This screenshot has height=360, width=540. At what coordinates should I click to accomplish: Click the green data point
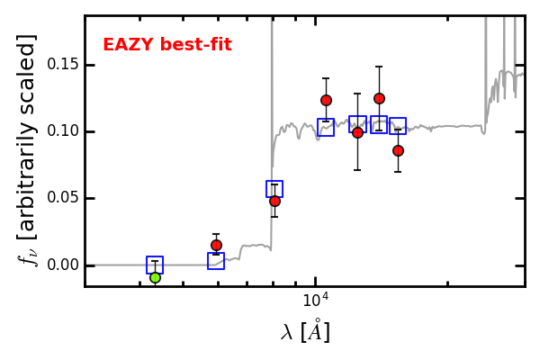[x=156, y=278]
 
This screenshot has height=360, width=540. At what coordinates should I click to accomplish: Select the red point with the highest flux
[x=379, y=98]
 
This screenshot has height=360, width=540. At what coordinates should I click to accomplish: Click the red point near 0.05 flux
[x=274, y=202]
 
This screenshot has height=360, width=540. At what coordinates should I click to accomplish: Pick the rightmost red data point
[x=398, y=150]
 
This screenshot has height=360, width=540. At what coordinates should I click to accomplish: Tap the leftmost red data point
[x=216, y=246]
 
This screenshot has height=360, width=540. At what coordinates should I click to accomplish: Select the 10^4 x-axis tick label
[x=316, y=300]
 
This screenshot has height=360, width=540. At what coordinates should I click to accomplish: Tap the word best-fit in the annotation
[x=196, y=44]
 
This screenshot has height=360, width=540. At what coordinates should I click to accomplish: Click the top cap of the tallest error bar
[x=379, y=66]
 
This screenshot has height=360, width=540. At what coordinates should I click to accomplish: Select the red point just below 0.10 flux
[x=358, y=132]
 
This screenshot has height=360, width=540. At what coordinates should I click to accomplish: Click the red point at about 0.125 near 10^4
[x=326, y=100]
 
